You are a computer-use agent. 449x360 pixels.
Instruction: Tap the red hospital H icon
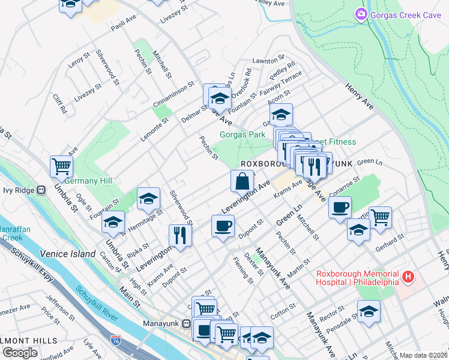[x=408, y=277]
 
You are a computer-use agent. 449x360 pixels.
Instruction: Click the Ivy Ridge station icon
[x=41, y=190]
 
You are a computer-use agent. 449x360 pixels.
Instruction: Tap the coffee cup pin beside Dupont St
[x=223, y=226]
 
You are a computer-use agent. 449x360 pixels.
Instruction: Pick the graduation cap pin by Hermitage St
[x=148, y=199]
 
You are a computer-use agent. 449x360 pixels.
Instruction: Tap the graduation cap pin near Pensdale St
[x=369, y=311]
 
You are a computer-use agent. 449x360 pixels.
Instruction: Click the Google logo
[x=20, y=353]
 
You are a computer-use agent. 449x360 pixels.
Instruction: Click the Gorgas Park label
[x=242, y=135]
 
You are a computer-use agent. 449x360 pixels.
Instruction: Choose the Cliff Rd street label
[x=58, y=104]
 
